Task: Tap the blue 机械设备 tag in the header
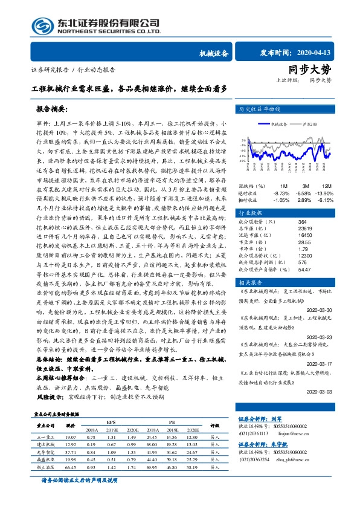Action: [x=214, y=53]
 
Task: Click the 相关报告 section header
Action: [x=249, y=282]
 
